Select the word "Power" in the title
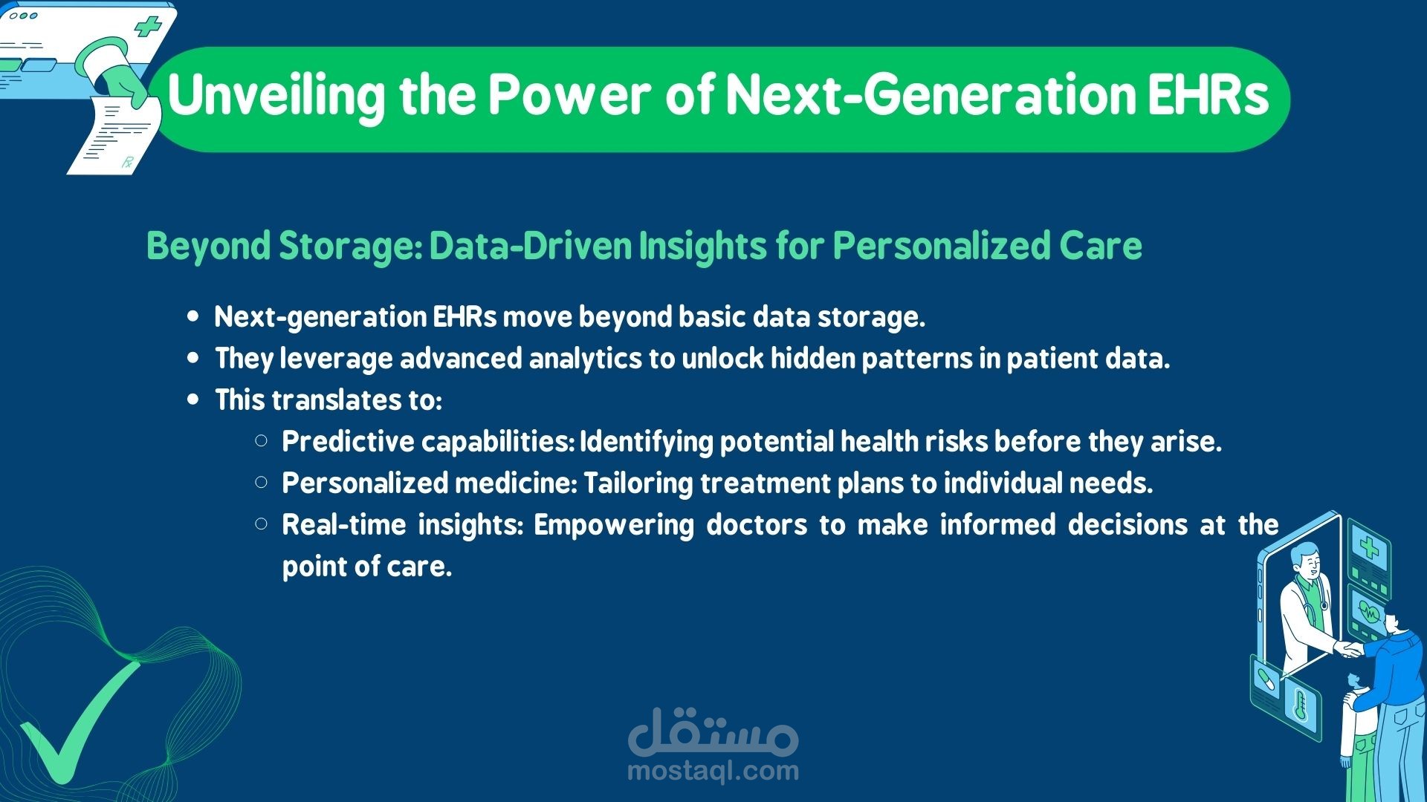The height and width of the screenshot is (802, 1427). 569,94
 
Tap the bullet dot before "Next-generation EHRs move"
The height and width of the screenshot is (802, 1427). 194,316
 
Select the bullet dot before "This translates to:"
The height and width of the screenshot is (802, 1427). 194,400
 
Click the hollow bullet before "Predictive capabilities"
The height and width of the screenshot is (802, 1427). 261,441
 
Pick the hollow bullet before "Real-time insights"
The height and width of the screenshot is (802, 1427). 261,524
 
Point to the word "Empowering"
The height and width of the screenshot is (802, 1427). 613,526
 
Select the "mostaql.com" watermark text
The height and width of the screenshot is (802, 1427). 713,771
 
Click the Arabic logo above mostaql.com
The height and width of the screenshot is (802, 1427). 713,731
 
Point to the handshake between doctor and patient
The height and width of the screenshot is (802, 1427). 1348,649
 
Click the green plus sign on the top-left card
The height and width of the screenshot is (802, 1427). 147,27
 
